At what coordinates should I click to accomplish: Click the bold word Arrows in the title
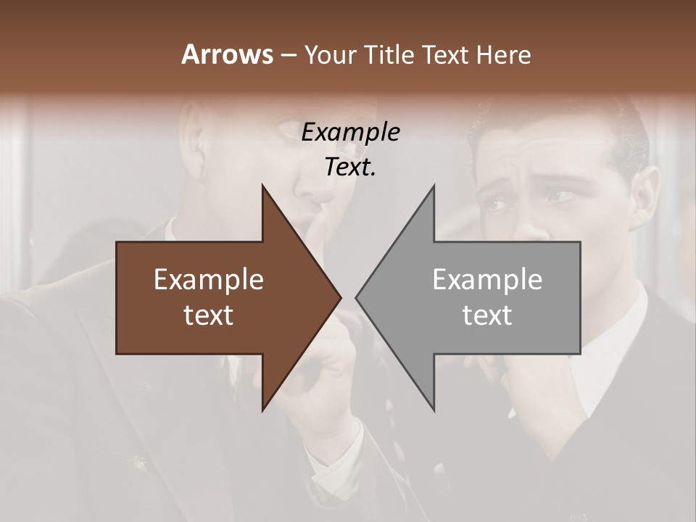point(227,54)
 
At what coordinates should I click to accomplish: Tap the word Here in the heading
point(503,54)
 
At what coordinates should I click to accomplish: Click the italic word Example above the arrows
point(350,133)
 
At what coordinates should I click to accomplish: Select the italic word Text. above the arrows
point(350,167)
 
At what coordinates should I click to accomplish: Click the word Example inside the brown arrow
point(209,280)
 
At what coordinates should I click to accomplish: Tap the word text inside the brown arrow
point(209,315)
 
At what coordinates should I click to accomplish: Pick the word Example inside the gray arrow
point(487,280)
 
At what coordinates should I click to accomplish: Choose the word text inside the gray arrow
point(487,315)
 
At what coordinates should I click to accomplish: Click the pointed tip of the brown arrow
point(341,297)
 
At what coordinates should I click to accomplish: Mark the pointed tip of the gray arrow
point(356,297)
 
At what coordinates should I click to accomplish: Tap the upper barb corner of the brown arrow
point(262,186)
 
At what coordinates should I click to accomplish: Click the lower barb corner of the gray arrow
point(434,410)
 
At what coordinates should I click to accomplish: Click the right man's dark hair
point(565,127)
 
